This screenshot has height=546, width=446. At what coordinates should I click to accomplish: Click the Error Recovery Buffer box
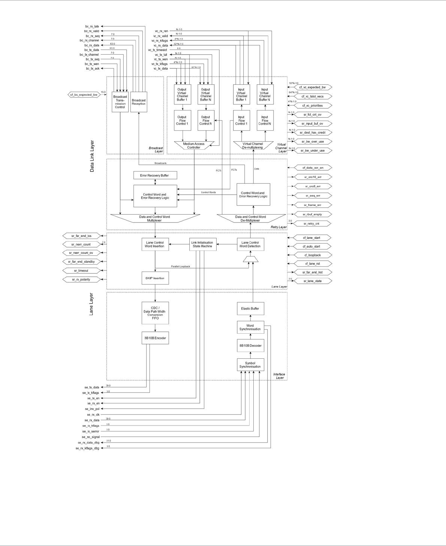point(155,175)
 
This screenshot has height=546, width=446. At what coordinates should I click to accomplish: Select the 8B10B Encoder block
point(155,338)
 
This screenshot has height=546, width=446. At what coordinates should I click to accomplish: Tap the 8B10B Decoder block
point(250,346)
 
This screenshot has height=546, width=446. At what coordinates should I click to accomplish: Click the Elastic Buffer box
point(250,309)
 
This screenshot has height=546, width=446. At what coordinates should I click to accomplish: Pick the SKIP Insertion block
point(155,278)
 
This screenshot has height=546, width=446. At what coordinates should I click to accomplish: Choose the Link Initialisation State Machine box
point(202,244)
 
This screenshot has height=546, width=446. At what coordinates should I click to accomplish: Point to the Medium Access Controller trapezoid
point(194,146)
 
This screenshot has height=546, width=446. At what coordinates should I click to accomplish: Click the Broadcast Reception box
point(139,102)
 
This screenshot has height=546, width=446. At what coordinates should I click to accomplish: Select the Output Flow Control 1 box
point(183,120)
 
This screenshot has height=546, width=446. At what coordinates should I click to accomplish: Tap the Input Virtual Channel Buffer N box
point(265,94)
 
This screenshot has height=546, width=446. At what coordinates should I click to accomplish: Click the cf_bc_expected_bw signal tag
point(84,95)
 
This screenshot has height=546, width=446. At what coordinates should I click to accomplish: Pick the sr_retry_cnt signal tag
point(312,224)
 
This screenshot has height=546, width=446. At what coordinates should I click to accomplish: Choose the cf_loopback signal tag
point(312,255)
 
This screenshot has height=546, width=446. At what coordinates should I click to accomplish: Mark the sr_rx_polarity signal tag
point(81,279)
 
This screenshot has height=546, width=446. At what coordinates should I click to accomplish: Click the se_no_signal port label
point(91,437)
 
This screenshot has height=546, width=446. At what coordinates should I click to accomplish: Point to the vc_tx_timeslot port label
point(157,50)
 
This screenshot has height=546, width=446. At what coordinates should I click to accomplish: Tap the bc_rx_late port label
point(92,27)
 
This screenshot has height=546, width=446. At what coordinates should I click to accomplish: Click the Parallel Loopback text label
point(181,266)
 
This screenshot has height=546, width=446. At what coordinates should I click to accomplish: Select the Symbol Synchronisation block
point(250,365)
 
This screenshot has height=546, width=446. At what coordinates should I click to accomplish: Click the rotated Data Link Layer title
point(92,156)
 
